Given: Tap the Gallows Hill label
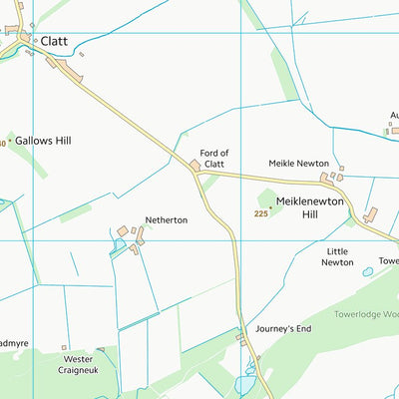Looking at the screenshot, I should [43, 142].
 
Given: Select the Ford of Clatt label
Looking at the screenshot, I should [213, 159].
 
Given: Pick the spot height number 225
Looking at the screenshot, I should [261, 213].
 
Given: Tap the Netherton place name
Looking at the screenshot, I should [166, 219].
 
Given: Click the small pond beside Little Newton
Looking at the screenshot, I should [367, 271].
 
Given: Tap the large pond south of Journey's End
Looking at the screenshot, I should [246, 384].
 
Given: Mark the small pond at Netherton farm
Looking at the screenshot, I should [120, 244].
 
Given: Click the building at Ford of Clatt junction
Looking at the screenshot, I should [196, 165].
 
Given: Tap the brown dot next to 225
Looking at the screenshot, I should [270, 207].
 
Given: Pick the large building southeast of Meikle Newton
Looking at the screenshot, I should [371, 213].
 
